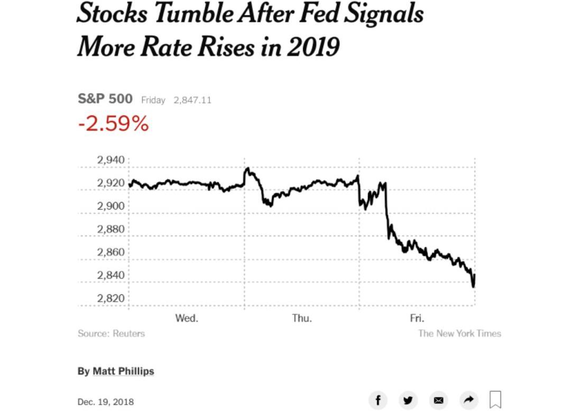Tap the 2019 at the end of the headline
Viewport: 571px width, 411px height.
(x=313, y=48)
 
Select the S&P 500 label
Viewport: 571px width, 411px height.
(x=105, y=99)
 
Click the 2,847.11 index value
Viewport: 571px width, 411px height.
(x=192, y=100)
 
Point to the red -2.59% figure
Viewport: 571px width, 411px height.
(x=113, y=124)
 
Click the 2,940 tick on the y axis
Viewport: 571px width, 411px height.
(x=110, y=160)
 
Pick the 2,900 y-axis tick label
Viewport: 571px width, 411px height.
(x=110, y=206)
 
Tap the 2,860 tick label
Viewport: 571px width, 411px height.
(x=110, y=252)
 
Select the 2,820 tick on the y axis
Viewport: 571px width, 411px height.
(x=110, y=298)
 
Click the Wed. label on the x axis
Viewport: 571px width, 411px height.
(x=187, y=318)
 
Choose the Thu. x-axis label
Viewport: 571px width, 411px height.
(x=302, y=318)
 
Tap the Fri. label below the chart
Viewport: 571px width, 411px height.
(x=417, y=318)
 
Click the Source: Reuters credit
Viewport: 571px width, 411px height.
(x=111, y=333)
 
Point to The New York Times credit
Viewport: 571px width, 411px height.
(x=459, y=333)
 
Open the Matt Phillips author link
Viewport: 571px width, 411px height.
(x=123, y=371)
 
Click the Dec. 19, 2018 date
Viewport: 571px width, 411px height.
(x=106, y=401)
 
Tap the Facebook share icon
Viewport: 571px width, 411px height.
(x=378, y=400)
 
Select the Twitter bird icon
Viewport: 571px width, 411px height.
(x=408, y=400)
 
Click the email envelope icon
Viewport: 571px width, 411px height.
(x=438, y=400)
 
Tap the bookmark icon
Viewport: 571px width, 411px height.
(x=495, y=400)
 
